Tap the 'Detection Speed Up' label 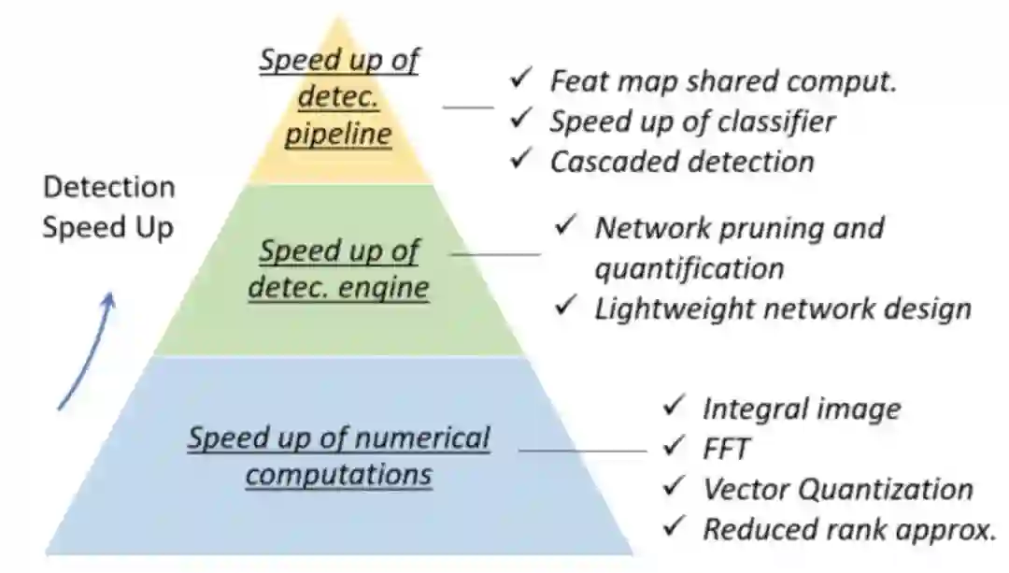pyautogui.click(x=108, y=208)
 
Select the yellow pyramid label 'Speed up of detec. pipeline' pyautogui.click(x=338, y=98)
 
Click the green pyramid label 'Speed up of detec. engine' pyautogui.click(x=338, y=268)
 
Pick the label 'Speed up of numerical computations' pyautogui.click(x=338, y=455)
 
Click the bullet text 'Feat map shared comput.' pyautogui.click(x=722, y=80)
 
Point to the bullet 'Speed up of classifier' pyautogui.click(x=691, y=121)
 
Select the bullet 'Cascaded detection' pyautogui.click(x=681, y=161)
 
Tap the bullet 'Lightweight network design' pyautogui.click(x=783, y=308)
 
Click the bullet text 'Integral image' pyautogui.click(x=802, y=408)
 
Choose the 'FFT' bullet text pyautogui.click(x=726, y=449)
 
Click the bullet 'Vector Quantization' pyautogui.click(x=837, y=489)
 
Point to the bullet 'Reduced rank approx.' pyautogui.click(x=848, y=529)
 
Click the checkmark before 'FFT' pyautogui.click(x=674, y=447)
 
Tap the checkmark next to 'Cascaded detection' pyautogui.click(x=520, y=159)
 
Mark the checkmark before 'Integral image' pyautogui.click(x=674, y=407)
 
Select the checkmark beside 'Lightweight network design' pyautogui.click(x=565, y=306)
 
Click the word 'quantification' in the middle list pyautogui.click(x=689, y=268)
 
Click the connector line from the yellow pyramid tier pyautogui.click(x=468, y=107)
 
